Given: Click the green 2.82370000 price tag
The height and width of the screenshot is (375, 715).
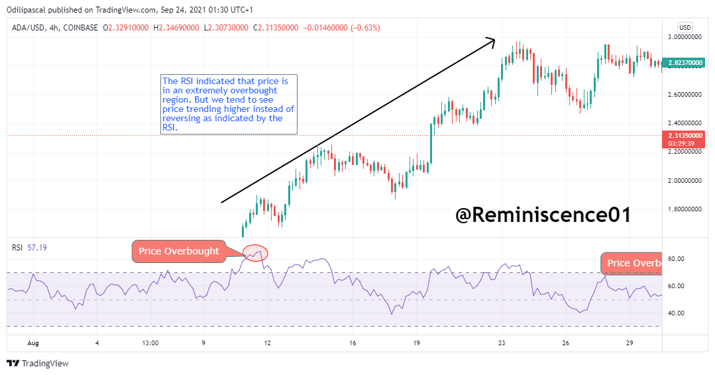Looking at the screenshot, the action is tap(684, 63).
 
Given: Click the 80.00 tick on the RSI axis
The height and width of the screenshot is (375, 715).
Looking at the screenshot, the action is tap(676, 259).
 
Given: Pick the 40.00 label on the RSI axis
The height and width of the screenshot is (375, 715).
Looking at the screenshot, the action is tap(676, 313).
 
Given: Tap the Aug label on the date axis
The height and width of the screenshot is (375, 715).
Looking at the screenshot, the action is tap(33, 343).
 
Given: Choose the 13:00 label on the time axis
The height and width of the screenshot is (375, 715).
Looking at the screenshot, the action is tap(150, 343).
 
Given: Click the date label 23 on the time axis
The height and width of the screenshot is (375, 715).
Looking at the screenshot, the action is tap(502, 343).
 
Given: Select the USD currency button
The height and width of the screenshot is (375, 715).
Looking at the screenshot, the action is tap(685, 27).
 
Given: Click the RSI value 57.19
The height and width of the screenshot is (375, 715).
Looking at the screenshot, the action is tap(37, 248).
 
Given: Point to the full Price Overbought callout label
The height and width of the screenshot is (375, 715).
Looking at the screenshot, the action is tap(179, 252).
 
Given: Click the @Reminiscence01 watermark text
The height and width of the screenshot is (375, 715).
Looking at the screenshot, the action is tap(543, 215).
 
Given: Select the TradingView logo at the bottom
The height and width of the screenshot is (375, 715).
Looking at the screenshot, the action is tap(38, 363).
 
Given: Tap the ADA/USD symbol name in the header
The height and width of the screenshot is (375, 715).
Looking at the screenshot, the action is tap(28, 28).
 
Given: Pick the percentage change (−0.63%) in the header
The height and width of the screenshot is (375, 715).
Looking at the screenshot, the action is tap(365, 28).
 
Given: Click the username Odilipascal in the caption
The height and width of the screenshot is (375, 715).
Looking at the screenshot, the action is tap(27, 9).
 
